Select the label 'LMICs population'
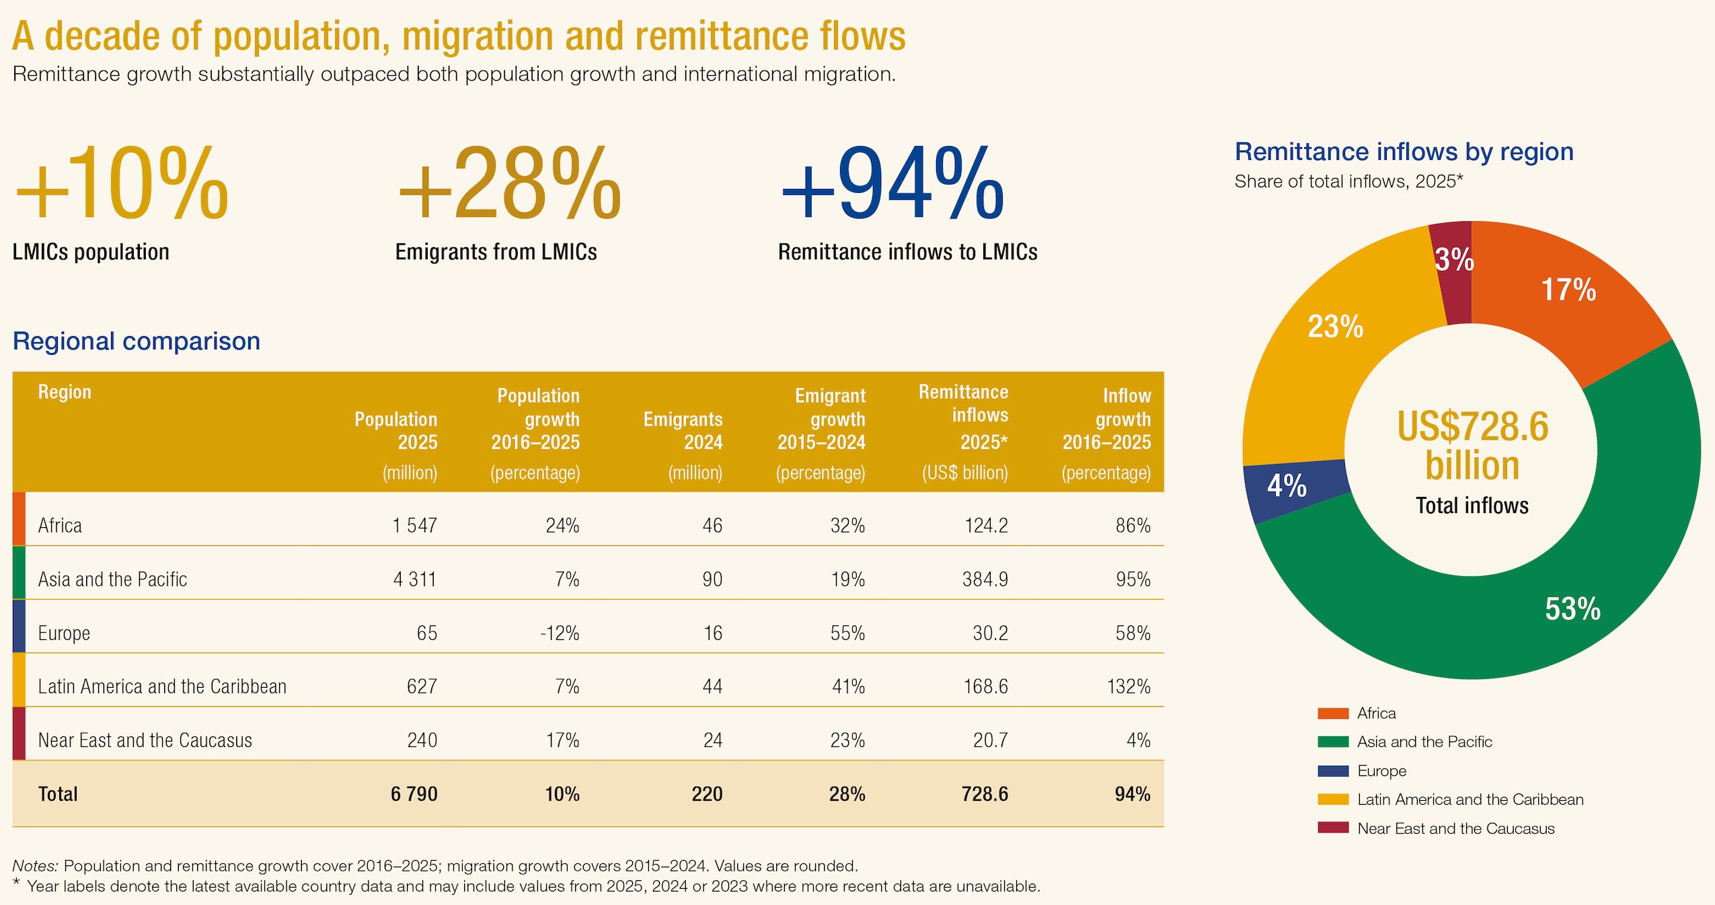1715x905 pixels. (x=91, y=252)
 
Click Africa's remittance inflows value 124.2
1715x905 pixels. (x=986, y=525)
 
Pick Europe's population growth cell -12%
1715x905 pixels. (x=560, y=633)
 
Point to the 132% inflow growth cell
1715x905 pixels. (x=1129, y=686)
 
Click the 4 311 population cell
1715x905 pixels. (x=415, y=579)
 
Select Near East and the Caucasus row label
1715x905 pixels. (x=145, y=740)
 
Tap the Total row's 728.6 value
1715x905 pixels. (x=985, y=794)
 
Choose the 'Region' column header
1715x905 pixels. (x=65, y=392)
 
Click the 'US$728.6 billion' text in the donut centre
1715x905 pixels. (x=1472, y=445)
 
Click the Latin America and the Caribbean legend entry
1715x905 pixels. (x=1451, y=799)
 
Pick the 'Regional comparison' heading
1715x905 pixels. (x=137, y=342)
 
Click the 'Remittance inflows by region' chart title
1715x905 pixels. (x=1404, y=152)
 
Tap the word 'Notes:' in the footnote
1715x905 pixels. (x=36, y=866)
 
